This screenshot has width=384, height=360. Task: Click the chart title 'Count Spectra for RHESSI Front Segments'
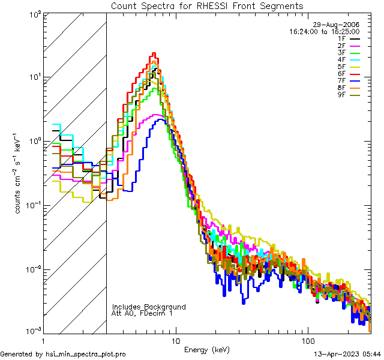(x=207, y=5)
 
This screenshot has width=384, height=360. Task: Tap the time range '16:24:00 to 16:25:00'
(x=324, y=31)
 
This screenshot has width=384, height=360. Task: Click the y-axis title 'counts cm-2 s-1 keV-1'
(x=19, y=173)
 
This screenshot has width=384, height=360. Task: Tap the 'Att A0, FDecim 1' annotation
(x=142, y=313)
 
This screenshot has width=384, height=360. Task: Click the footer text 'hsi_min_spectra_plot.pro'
(x=86, y=354)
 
